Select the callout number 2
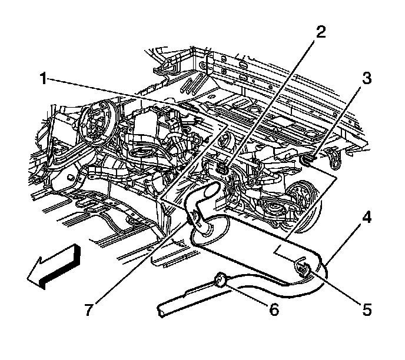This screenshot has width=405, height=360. tap(320, 32)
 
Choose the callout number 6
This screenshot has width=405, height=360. tap(273, 309)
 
